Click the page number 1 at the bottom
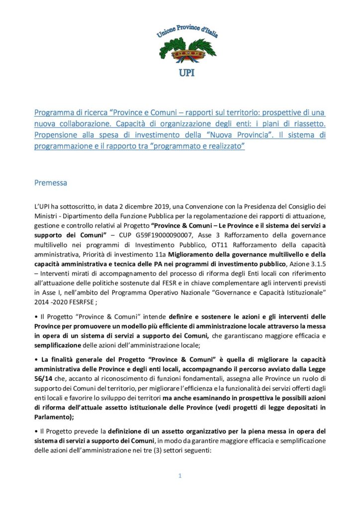[180, 476]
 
